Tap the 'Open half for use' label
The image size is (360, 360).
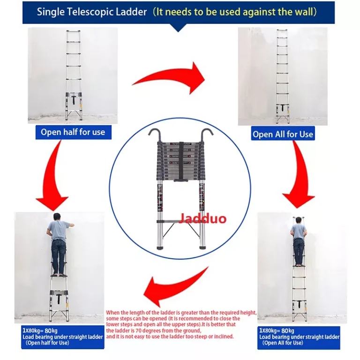tap(73, 132)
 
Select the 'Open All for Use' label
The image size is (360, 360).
tap(283, 134)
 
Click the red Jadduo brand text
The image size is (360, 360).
tap(202, 218)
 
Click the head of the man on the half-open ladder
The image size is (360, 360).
tap(57, 217)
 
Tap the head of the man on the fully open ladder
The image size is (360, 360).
tap(298, 221)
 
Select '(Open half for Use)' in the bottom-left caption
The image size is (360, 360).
tap(47, 343)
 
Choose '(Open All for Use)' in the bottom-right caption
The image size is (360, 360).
tap(282, 343)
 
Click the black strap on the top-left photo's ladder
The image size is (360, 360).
tap(74, 99)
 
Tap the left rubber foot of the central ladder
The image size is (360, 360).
tap(159, 247)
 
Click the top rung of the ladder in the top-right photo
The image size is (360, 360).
tap(282, 30)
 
